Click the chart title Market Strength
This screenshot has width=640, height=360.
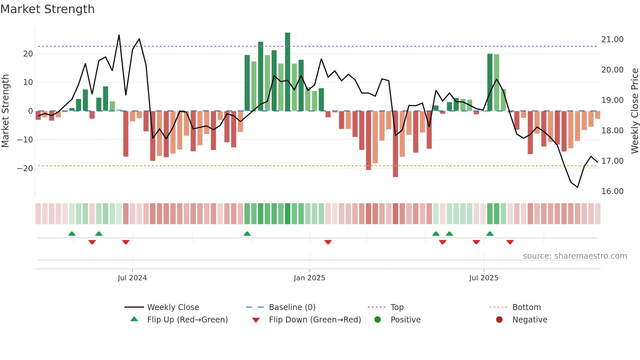pyautogui.click(x=47, y=9)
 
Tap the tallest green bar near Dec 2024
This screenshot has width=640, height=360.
pyautogui.click(x=287, y=72)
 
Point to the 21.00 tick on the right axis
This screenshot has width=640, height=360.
pyautogui.click(x=612, y=40)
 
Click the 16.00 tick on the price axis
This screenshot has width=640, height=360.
pyautogui.click(x=612, y=191)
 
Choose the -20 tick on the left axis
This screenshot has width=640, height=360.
pyautogui.click(x=25, y=169)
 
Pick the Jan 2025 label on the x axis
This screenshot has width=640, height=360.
pyautogui.click(x=309, y=278)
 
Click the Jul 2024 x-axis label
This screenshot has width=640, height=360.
pyautogui.click(x=132, y=278)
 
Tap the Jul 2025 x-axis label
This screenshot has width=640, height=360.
pyautogui.click(x=484, y=278)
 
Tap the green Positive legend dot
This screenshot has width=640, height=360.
pyautogui.click(x=378, y=320)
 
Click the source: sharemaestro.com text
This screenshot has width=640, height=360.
pyautogui.click(x=575, y=256)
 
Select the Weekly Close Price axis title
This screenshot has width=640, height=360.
pyautogui.click(x=634, y=111)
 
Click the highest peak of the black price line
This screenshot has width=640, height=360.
pyautogui.click(x=119, y=35)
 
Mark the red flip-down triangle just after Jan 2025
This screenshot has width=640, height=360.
pyautogui.click(x=328, y=242)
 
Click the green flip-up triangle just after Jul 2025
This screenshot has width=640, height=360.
pyautogui.click(x=490, y=234)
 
